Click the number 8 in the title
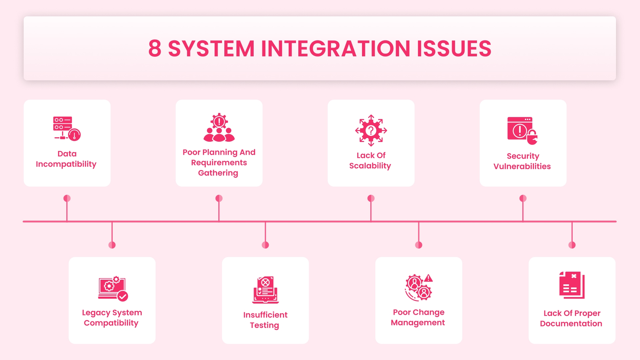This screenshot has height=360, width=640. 155,49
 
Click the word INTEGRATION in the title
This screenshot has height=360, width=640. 335,49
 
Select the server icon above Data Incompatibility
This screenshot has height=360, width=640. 67,128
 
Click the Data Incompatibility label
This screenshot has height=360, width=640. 67,159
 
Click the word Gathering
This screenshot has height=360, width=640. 218,173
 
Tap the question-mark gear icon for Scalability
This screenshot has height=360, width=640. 371,130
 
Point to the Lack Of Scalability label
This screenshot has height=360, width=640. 370,161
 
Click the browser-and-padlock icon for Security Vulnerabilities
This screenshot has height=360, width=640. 522,130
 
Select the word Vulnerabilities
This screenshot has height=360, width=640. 522,166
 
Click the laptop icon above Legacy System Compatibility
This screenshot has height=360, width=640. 113,289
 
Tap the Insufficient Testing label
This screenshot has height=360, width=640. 265,320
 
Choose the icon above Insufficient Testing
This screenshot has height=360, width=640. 265,290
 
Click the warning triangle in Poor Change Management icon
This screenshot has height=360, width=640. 428,278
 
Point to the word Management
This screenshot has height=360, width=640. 418,323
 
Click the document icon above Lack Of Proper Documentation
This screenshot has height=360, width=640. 572,285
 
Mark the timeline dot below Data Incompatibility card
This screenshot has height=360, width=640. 67,198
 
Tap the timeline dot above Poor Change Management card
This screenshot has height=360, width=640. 419,245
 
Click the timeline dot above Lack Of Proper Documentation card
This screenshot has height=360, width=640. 572,245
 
